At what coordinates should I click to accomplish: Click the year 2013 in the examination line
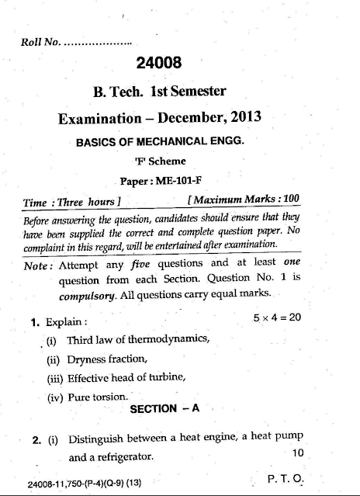coord(244,119)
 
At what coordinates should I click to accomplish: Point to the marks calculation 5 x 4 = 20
coord(277,319)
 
